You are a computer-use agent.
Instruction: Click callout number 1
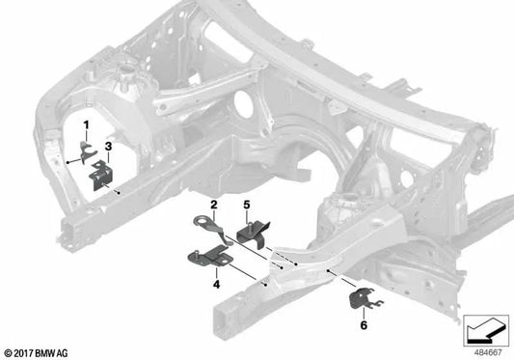click(85, 125)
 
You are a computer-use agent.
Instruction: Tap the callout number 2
click(214, 206)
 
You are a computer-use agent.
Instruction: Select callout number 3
click(108, 146)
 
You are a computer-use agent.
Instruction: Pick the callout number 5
click(246, 206)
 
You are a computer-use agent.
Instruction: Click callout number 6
click(364, 326)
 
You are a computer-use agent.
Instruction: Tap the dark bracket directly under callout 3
click(100, 175)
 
